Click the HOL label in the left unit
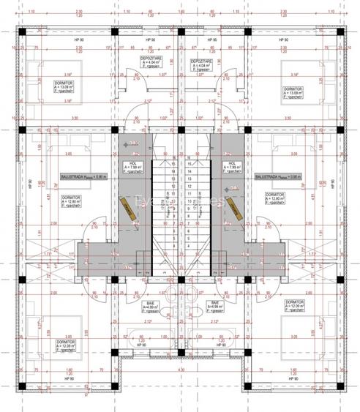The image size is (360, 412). pyautogui.click(x=132, y=167)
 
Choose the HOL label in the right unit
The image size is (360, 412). pyautogui.click(x=231, y=167)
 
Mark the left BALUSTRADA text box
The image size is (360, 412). pyautogui.click(x=84, y=177)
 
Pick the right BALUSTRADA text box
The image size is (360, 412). pyautogui.click(x=274, y=177)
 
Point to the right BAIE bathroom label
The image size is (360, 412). pyautogui.click(x=216, y=305)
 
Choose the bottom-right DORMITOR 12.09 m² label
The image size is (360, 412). pyautogui.click(x=294, y=305)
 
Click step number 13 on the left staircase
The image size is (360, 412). pyautogui.click(x=170, y=165)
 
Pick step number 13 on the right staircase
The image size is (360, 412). pyautogui.click(x=190, y=165)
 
